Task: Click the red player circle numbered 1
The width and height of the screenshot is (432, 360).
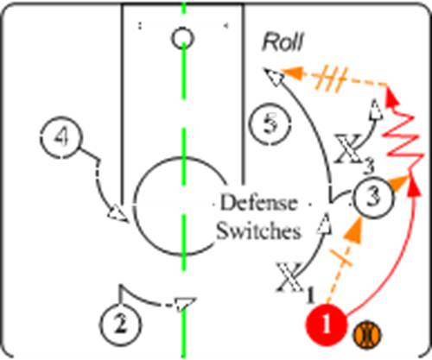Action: [x=326, y=324]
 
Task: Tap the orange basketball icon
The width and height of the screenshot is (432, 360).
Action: [x=367, y=336]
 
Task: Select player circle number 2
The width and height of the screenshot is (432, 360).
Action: [x=121, y=324]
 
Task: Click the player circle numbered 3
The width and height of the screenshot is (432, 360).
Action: [x=373, y=198]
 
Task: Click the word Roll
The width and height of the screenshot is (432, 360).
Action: [x=283, y=42]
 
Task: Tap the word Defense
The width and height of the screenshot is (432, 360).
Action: [x=258, y=203]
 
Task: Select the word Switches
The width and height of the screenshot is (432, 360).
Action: [x=258, y=231]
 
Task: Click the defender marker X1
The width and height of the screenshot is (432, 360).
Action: [x=294, y=281]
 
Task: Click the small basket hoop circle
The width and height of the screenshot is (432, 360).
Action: [x=182, y=38]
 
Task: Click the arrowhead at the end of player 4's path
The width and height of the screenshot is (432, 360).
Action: [x=118, y=213]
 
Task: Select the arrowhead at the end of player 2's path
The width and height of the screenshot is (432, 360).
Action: [x=183, y=305]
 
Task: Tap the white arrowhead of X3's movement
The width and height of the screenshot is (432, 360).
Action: [x=376, y=110]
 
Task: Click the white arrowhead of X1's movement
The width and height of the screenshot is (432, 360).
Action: [x=325, y=224]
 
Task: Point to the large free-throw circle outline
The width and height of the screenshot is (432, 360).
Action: [x=135, y=206]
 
